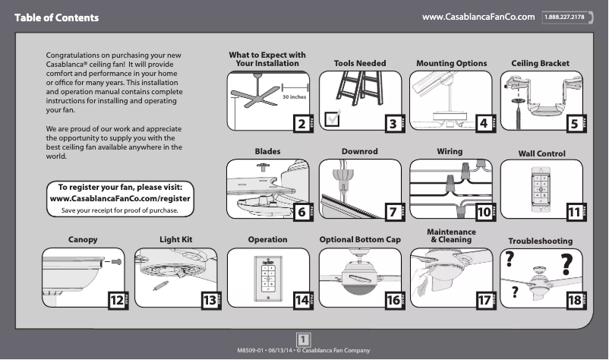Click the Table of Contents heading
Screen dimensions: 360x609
pyautogui.click(x=56, y=17)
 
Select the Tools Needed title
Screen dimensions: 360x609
pyautogui.click(x=360, y=63)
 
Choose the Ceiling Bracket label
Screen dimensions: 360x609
pyautogui.click(x=540, y=63)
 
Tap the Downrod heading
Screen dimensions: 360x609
pyautogui.click(x=360, y=152)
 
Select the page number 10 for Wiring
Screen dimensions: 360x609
pyautogui.click(x=483, y=213)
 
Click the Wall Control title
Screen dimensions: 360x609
pyautogui.click(x=541, y=153)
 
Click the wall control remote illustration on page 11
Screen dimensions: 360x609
pyautogui.click(x=541, y=185)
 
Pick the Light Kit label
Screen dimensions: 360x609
pyautogui.click(x=176, y=239)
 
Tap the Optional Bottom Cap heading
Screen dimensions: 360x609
pyautogui.click(x=360, y=239)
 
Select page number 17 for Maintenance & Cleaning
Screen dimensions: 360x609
pyautogui.click(x=483, y=301)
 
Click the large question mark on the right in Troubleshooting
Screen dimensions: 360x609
pyautogui.click(x=566, y=265)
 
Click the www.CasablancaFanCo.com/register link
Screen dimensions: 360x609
pyautogui.click(x=120, y=198)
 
